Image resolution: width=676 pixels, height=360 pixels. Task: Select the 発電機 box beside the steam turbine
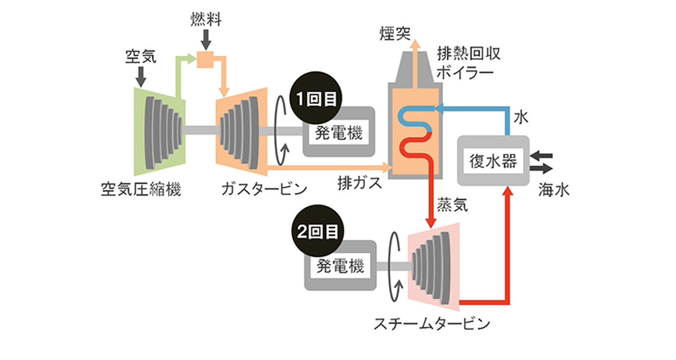coord(340,265)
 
